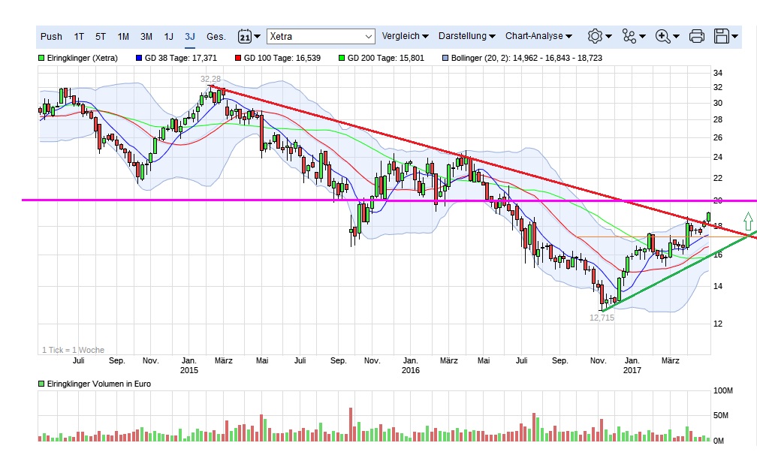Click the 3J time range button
pyautogui.click(x=190, y=36)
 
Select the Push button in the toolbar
pyautogui.click(x=51, y=36)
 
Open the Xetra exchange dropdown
pyautogui.click(x=321, y=36)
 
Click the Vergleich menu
pyautogui.click(x=405, y=36)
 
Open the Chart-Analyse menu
pyautogui.click(x=538, y=36)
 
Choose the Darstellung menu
pyautogui.click(x=466, y=36)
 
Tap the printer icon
pyautogui.click(x=696, y=36)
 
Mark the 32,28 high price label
pyautogui.click(x=210, y=78)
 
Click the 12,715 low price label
pyautogui.click(x=602, y=318)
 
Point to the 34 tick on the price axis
pyautogui.click(x=718, y=73)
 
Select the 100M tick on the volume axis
pyautogui.click(x=723, y=391)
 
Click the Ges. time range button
pyautogui.click(x=216, y=36)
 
